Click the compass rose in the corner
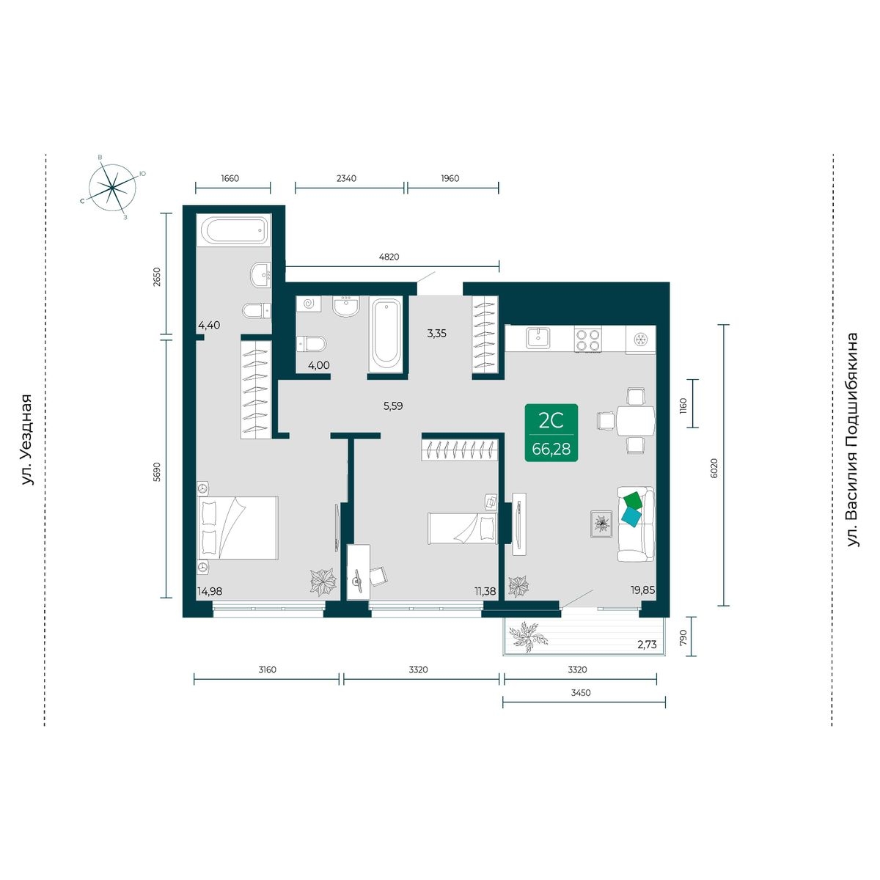(x=112, y=188)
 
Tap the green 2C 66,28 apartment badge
(x=551, y=433)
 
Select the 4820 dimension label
(x=389, y=257)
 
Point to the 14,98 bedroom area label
(x=210, y=591)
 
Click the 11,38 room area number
(x=485, y=591)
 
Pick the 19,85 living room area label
(x=643, y=590)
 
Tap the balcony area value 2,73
(x=647, y=645)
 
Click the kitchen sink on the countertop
(x=540, y=338)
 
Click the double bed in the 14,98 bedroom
(x=238, y=527)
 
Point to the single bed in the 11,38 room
(x=462, y=528)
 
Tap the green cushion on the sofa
(x=634, y=500)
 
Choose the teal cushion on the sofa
(x=631, y=518)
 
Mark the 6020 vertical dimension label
(x=714, y=468)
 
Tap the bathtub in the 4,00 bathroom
(x=386, y=335)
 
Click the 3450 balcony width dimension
(x=581, y=692)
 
